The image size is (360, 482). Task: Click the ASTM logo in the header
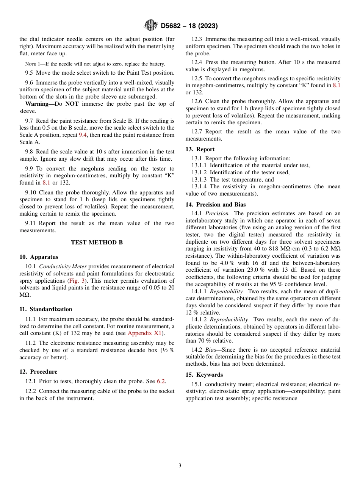150,26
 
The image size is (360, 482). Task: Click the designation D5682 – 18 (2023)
189,26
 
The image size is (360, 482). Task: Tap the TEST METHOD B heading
97,243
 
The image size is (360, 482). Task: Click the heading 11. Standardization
45,309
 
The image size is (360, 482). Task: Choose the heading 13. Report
200,149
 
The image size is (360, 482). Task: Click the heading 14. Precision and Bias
216,205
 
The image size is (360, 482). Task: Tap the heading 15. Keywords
204,375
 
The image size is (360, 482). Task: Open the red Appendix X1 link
145,333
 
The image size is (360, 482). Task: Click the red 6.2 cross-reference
161,381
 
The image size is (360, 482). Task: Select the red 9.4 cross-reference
83,135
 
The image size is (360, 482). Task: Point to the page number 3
180,465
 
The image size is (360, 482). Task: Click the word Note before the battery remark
30,64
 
